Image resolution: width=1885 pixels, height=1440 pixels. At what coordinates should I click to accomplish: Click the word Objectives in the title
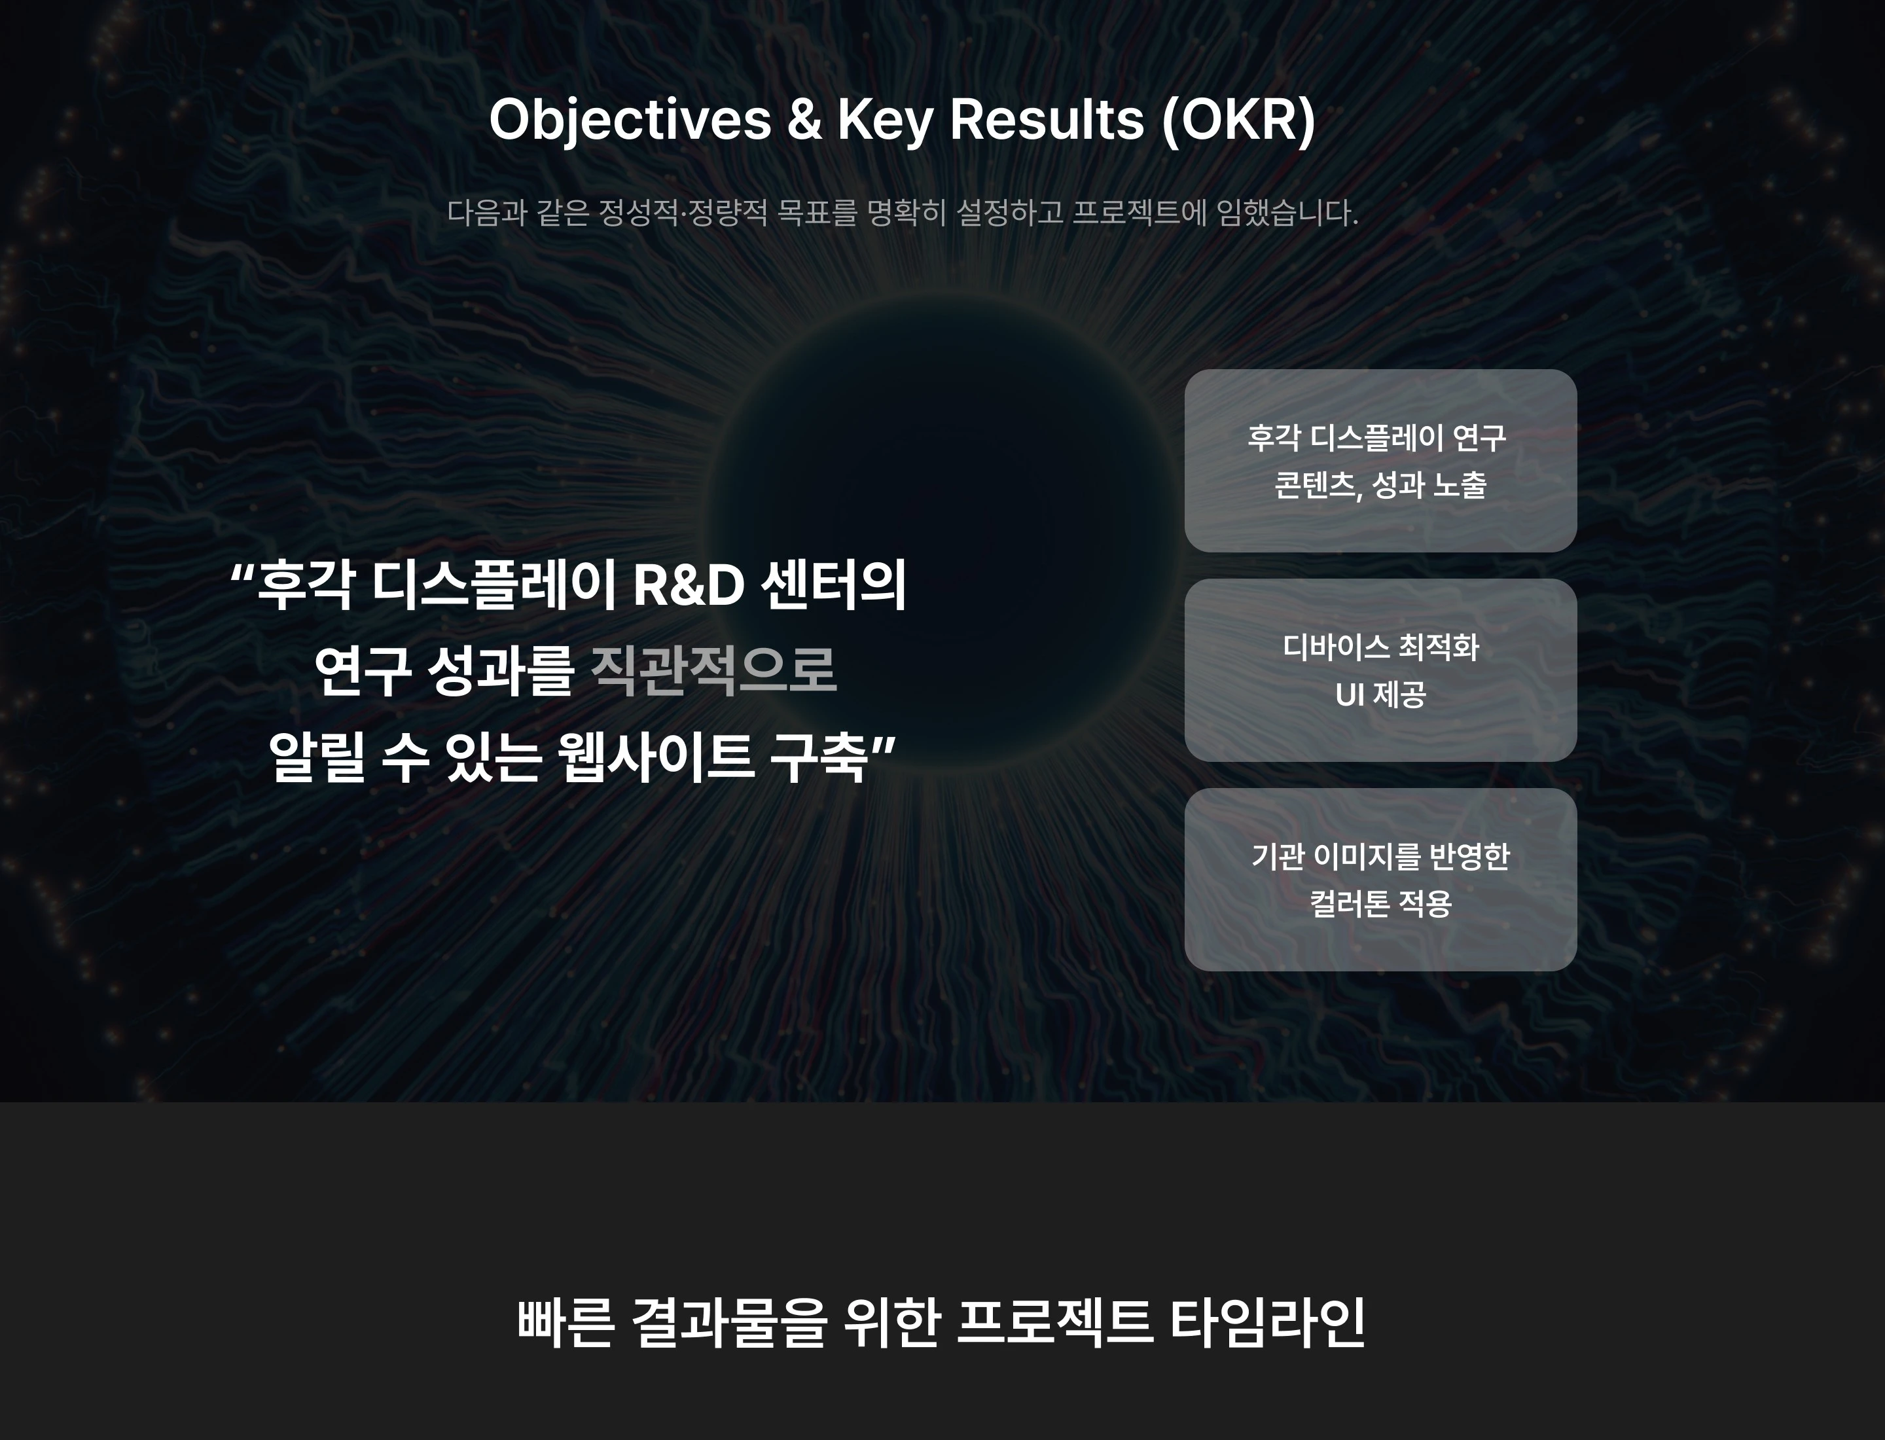pos(630,120)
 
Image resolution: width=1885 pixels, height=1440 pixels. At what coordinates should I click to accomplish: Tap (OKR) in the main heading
pos(1238,120)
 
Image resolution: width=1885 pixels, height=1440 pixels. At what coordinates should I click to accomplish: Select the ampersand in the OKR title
pos(804,119)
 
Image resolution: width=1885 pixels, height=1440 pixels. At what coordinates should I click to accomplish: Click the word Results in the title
pos(1047,119)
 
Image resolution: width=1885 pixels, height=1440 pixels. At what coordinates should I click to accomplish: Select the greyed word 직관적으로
pos(713,670)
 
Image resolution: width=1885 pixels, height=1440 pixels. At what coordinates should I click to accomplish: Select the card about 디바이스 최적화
pos(1380,670)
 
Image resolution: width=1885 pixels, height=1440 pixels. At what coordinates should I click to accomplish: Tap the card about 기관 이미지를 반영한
pos(1380,880)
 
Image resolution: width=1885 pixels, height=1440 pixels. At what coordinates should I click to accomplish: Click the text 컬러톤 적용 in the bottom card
pos(1380,903)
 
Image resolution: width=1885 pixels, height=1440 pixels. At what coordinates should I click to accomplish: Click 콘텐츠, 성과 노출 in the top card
pos(1380,485)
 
